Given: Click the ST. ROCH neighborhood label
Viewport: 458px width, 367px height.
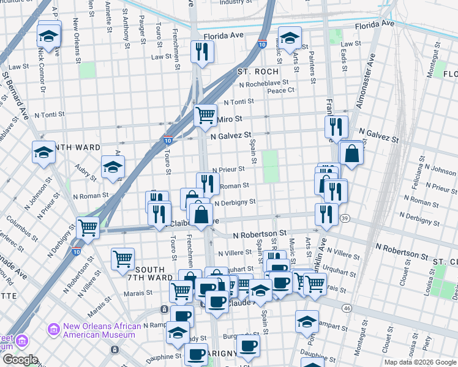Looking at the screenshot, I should pyautogui.click(x=258, y=72).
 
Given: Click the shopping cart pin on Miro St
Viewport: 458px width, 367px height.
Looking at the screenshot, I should pyautogui.click(x=206, y=115).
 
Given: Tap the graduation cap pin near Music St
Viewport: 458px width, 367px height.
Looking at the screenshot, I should pyautogui.click(x=290, y=38).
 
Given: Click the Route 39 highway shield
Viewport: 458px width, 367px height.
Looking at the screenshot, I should pyautogui.click(x=345, y=219).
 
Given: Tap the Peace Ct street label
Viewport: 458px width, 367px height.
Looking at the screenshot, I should pyautogui.click(x=281, y=90).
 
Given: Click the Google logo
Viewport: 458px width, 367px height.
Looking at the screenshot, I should pyautogui.click(x=20, y=360).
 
